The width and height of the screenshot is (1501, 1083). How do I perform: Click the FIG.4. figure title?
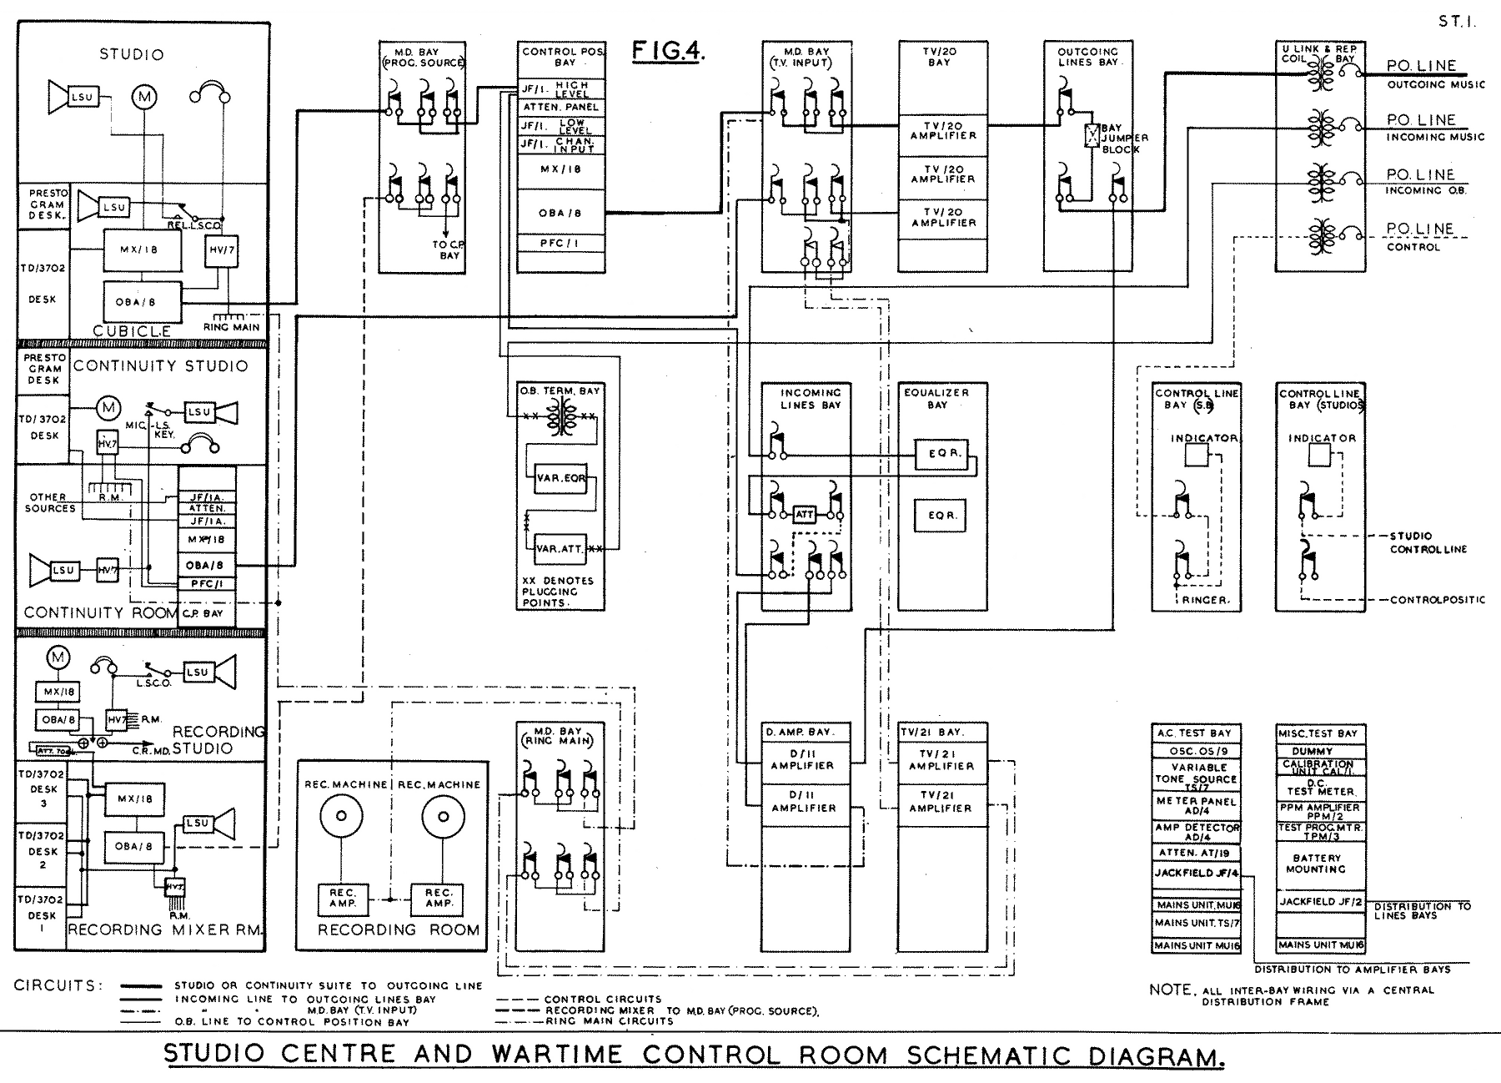(x=668, y=52)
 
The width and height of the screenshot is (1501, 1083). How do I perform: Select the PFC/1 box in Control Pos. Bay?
(x=560, y=244)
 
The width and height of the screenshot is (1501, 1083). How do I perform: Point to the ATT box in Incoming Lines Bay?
(x=804, y=515)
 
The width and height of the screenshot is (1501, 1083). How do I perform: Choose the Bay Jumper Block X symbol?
(x=1090, y=136)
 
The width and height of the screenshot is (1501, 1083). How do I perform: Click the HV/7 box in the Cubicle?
(x=221, y=249)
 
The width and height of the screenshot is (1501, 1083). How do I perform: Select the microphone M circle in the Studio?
(x=145, y=98)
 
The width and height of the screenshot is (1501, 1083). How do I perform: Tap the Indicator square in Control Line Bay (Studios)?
(x=1319, y=456)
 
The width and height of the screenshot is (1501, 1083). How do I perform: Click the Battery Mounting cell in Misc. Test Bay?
(x=1317, y=864)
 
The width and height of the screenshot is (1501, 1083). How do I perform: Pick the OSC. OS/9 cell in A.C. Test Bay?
(x=1196, y=750)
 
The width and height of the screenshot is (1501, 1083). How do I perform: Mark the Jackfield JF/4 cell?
(x=1196, y=874)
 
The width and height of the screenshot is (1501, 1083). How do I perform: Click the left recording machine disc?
(x=339, y=816)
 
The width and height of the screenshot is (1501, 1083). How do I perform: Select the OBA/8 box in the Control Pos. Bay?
(x=560, y=213)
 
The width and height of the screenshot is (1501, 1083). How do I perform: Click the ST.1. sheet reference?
(x=1457, y=23)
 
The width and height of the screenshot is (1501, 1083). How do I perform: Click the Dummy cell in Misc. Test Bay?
(x=1317, y=752)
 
